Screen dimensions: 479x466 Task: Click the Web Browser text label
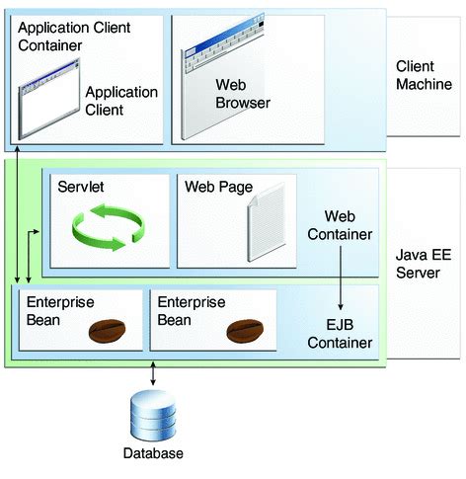243,94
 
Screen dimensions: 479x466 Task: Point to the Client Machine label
424,75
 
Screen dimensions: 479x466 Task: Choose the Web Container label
341,225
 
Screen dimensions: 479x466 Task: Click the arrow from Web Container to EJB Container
341,273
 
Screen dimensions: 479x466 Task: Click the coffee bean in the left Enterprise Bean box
106,331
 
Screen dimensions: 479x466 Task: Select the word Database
153,454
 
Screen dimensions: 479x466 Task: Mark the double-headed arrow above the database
153,374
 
